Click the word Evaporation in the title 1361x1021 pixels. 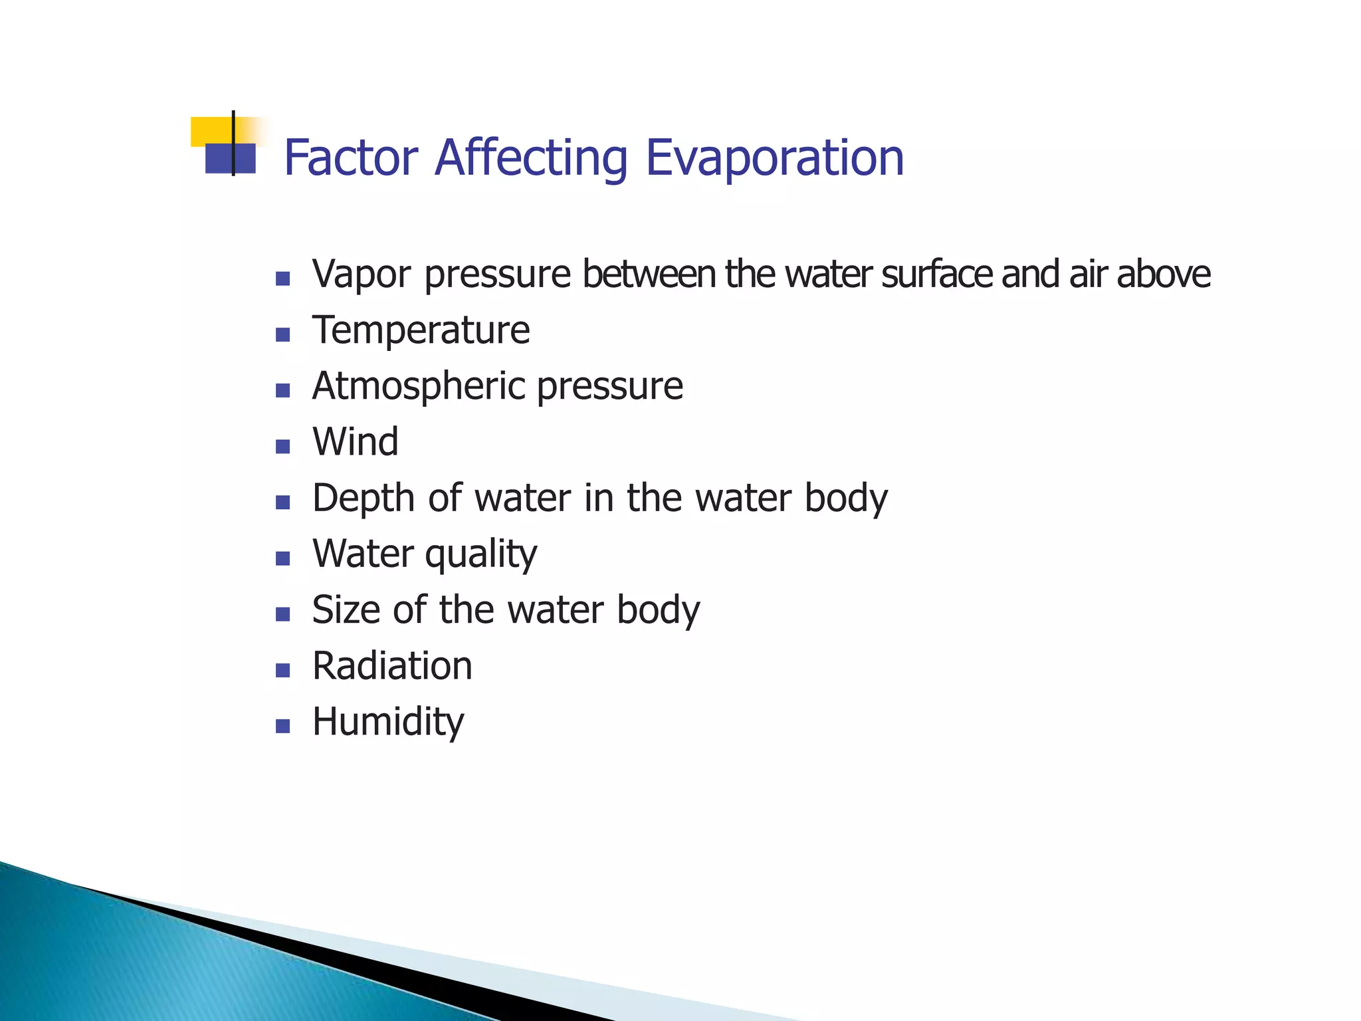[x=774, y=158]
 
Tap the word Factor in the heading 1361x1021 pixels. [x=351, y=158]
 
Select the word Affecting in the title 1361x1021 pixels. [x=531, y=158]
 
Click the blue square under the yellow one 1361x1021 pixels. [x=230, y=159]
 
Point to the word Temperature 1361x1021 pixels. [x=421, y=330]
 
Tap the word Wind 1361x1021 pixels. [x=356, y=442]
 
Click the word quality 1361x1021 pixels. [x=480, y=554]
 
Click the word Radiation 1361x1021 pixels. [x=392, y=666]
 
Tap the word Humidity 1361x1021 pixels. [x=388, y=723]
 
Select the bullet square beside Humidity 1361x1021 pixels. [x=283, y=726]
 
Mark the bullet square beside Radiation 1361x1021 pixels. [x=283, y=670]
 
